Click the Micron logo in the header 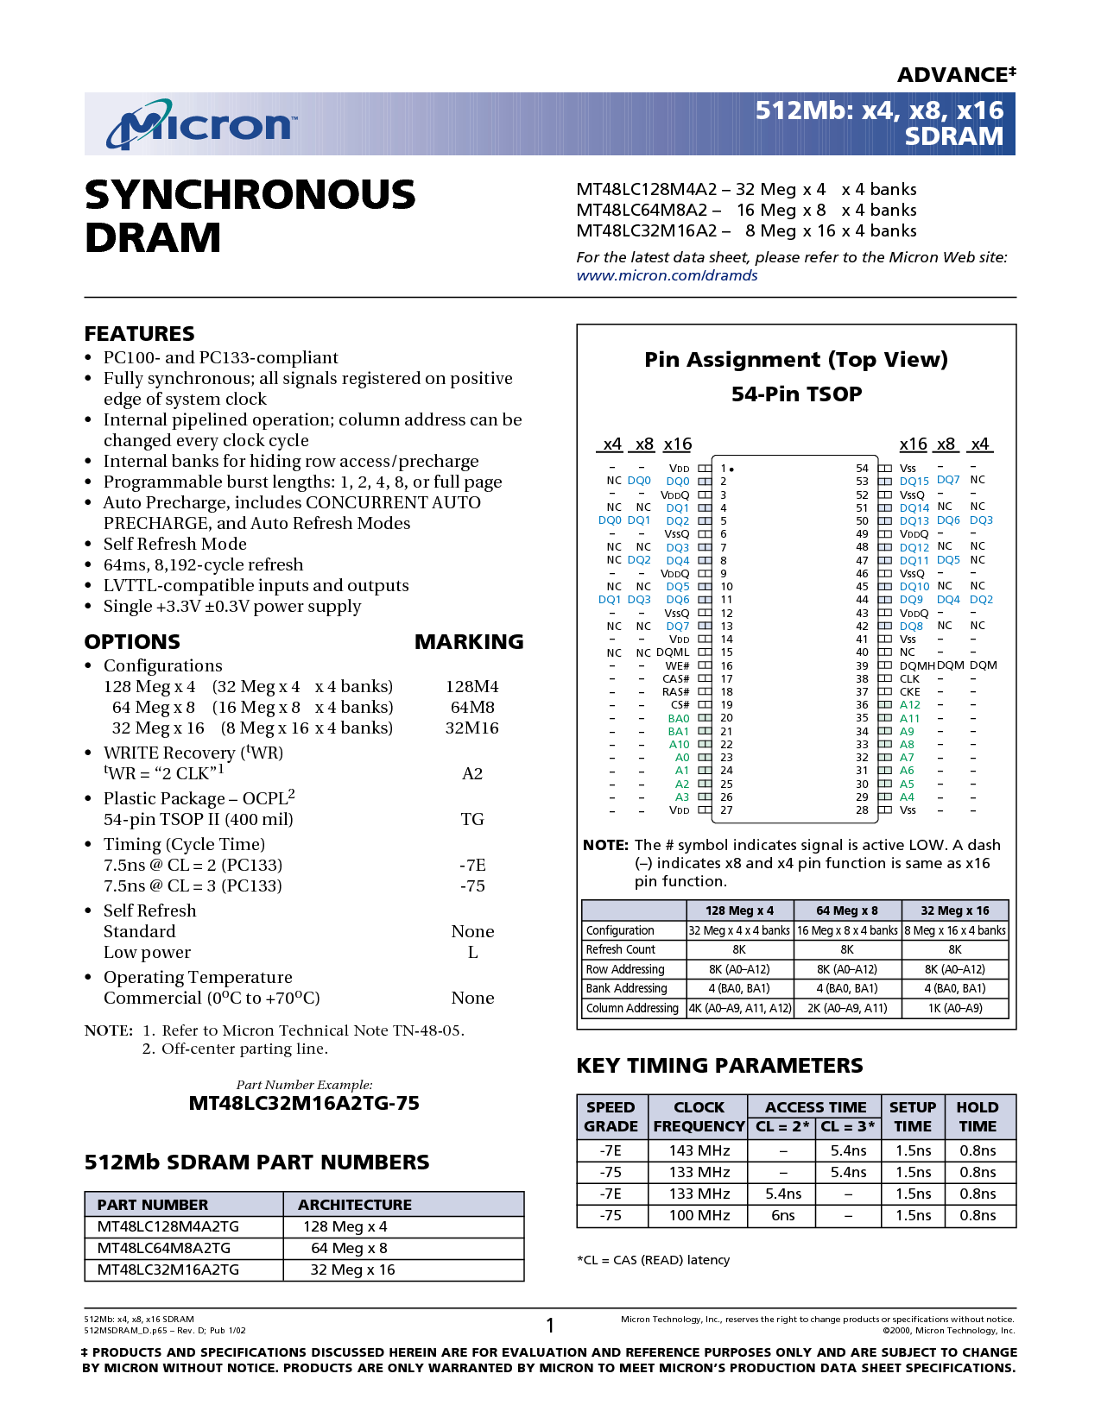[201, 124]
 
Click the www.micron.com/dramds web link [667, 275]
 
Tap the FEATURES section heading [139, 333]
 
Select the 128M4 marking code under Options [471, 686]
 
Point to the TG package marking [471, 819]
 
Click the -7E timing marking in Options [471, 865]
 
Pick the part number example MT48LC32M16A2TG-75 [304, 1103]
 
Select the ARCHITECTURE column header [355, 1205]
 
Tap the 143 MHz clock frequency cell [699, 1150]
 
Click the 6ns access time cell [782, 1215]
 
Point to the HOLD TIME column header [977, 1117]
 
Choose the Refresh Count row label [620, 949]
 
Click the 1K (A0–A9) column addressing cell [955, 1008]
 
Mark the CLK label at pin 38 [909, 679]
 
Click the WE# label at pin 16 [677, 665]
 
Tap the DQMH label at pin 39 [917, 665]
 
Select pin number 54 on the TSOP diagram [862, 468]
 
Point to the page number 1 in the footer [550, 1325]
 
